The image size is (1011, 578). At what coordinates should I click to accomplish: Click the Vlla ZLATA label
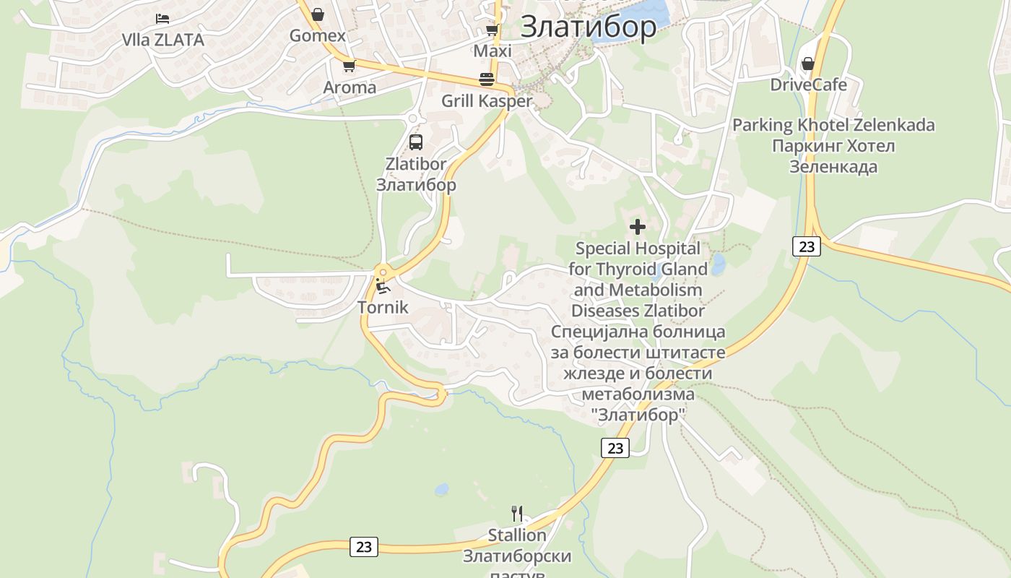point(162,40)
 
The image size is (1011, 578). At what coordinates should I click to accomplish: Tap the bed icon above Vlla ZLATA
point(162,18)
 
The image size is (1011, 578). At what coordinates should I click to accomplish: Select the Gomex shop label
point(318,35)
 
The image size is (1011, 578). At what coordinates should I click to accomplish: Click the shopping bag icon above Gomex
point(318,14)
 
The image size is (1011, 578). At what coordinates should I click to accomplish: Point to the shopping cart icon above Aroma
point(350,66)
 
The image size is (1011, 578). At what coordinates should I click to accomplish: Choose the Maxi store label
point(493,51)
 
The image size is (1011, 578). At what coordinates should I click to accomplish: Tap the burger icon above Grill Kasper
point(487,79)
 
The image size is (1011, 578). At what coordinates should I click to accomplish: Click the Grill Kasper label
point(487,101)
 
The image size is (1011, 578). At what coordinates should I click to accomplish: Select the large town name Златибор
point(588,27)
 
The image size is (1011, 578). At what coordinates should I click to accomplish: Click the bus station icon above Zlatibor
point(416,142)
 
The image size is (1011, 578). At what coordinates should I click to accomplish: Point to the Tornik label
point(383,307)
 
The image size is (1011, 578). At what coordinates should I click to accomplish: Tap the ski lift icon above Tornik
point(383,286)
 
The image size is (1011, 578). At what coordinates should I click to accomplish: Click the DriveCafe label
point(808,85)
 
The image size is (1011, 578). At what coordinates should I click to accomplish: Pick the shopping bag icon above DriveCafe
point(808,64)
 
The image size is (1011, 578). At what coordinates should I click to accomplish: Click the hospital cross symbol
point(638,228)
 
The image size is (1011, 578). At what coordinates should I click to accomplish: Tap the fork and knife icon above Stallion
point(517,514)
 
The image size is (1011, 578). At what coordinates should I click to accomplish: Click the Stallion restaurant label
point(517,535)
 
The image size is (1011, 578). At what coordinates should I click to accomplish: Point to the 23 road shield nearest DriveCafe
point(807,246)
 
